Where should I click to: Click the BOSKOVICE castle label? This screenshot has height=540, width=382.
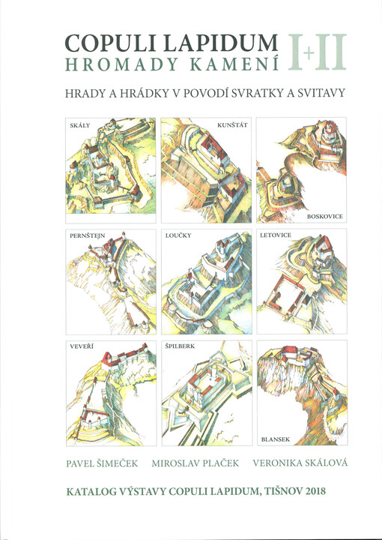325,216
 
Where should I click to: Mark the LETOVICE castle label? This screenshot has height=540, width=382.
279,236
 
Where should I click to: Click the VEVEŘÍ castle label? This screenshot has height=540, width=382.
80,347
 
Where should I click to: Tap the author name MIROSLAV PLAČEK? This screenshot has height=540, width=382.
195,463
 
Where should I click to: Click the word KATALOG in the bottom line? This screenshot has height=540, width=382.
91,492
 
